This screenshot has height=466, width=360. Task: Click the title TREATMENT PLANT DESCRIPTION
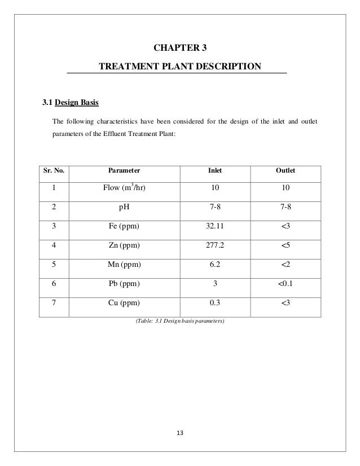click(180, 67)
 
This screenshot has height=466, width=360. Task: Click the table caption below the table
click(179, 322)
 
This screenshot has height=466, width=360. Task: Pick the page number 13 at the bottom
click(180, 434)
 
